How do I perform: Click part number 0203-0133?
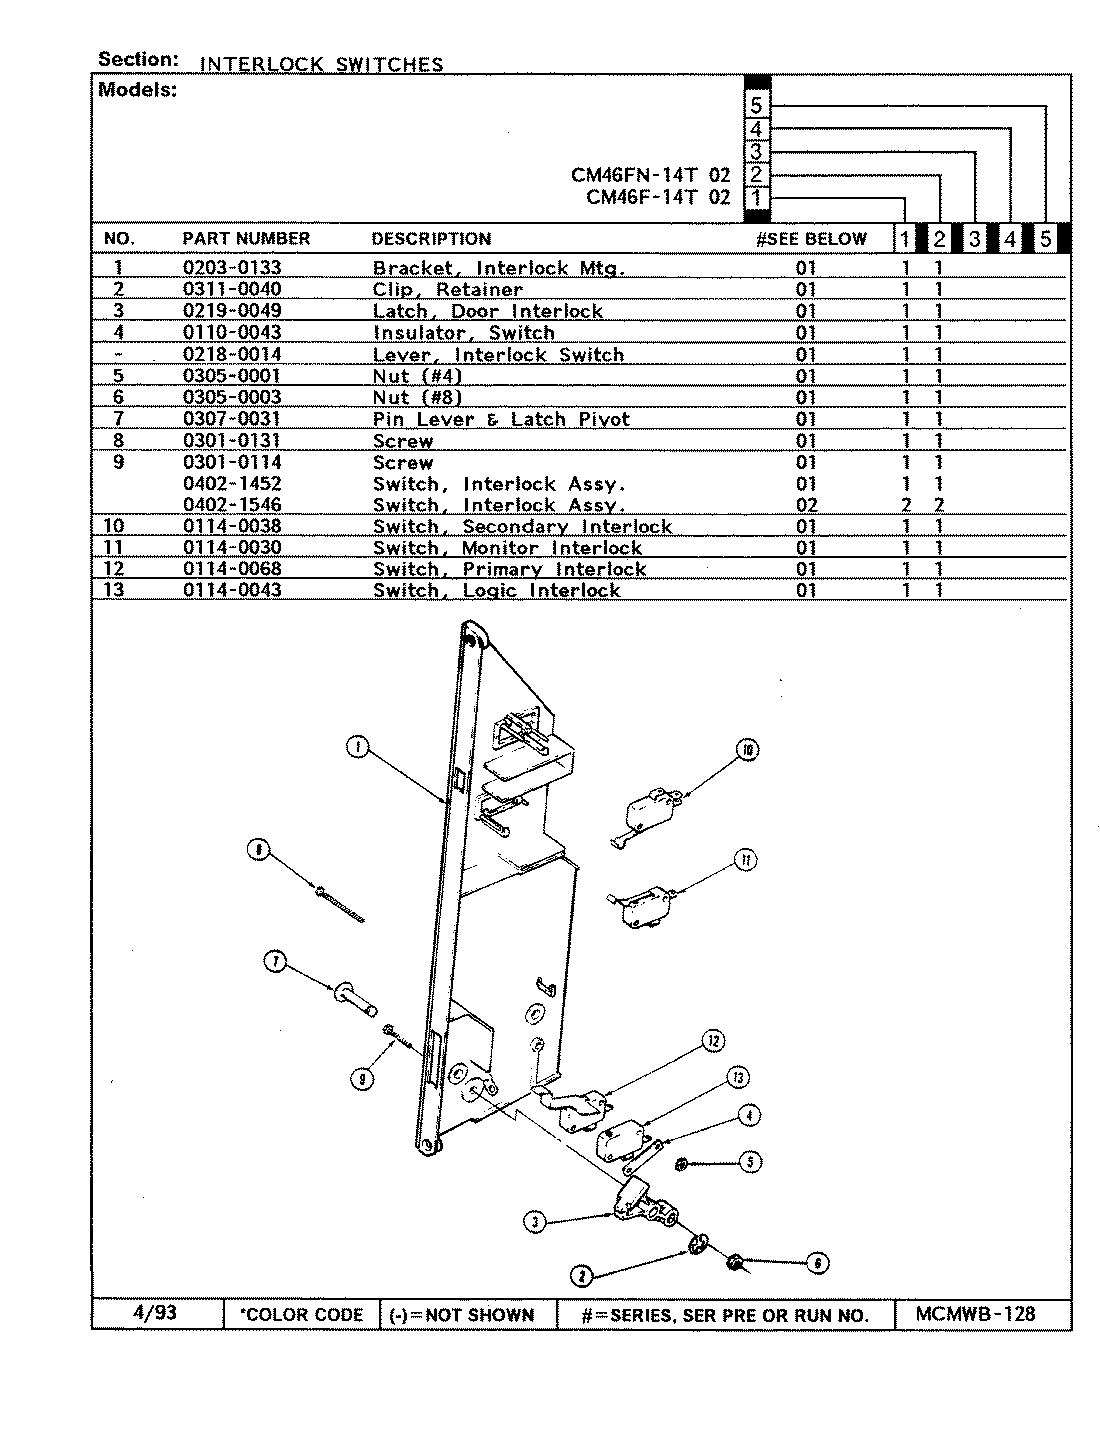tap(232, 268)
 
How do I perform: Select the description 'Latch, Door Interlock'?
tap(487, 311)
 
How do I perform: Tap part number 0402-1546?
tap(232, 505)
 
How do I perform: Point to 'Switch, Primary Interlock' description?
tap(509, 569)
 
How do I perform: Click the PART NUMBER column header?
tap(246, 239)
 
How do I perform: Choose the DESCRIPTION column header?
tap(431, 239)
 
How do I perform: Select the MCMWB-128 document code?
tap(975, 1314)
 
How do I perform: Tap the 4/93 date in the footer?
tap(154, 1313)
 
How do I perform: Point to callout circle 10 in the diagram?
tap(746, 750)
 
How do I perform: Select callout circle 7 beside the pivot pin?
tap(274, 963)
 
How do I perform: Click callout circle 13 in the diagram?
tap(738, 1078)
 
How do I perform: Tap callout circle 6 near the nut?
tap(817, 1263)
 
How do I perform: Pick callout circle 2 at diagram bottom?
tap(581, 1275)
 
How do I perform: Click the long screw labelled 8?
tap(338, 904)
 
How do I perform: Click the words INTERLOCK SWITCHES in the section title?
tap(321, 65)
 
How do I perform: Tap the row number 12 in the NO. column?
tap(118, 569)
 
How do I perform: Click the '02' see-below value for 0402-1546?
tap(806, 505)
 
